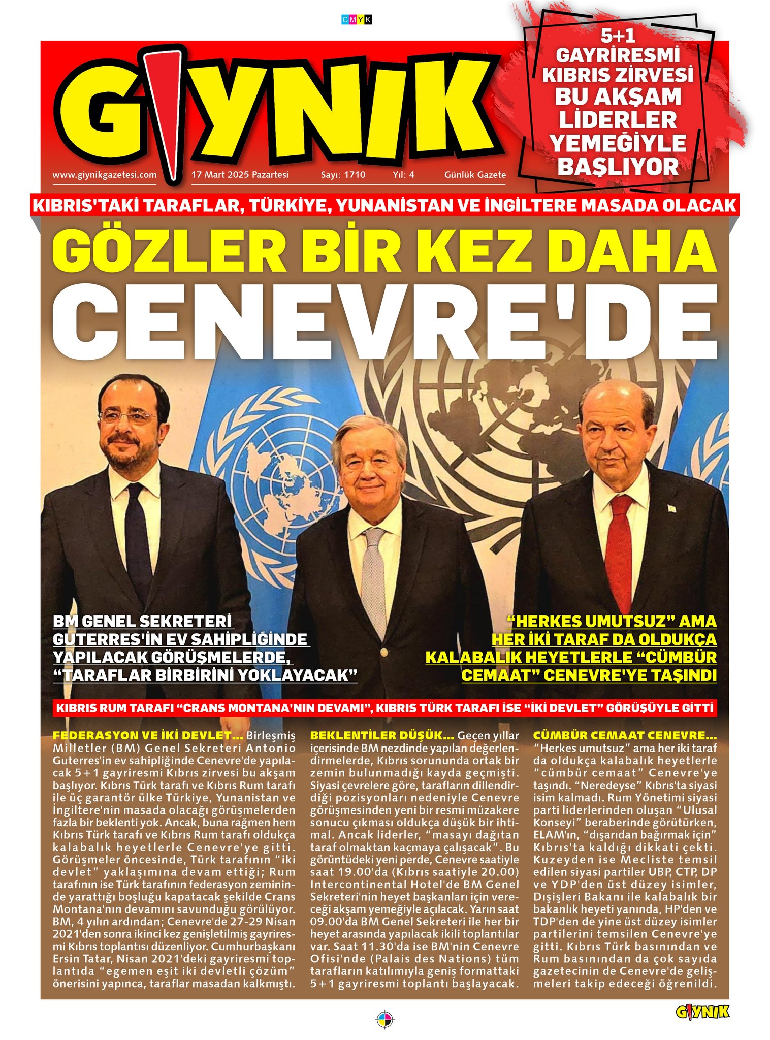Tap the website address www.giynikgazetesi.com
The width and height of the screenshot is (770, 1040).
click(105, 175)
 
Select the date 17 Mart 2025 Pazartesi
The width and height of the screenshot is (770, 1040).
click(240, 175)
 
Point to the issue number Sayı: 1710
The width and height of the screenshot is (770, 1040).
click(343, 175)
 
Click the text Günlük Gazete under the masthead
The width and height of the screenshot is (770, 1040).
click(475, 175)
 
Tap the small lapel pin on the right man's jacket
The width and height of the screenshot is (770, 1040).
click(670, 507)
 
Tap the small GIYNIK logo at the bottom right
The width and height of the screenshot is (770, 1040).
click(702, 1012)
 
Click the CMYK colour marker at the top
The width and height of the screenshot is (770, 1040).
click(357, 20)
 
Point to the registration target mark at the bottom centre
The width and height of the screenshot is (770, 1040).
click(384, 1019)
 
